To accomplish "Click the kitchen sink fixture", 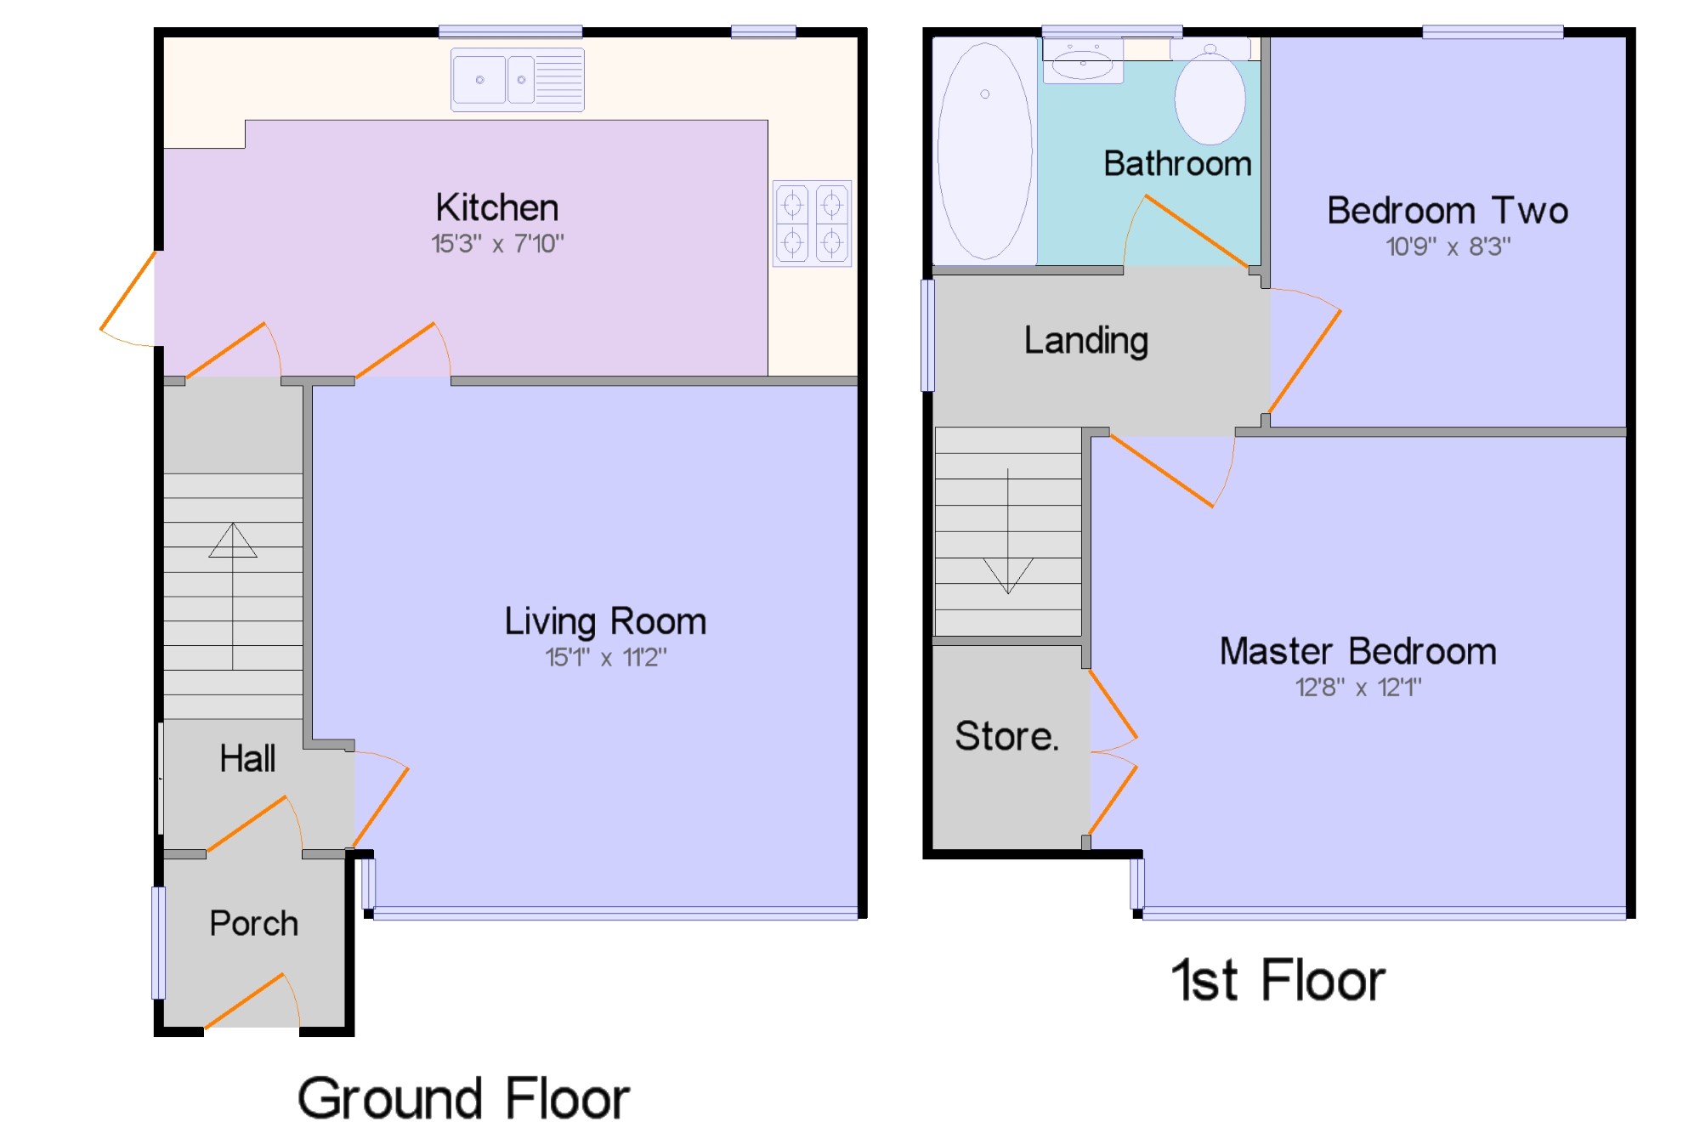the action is (x=518, y=80).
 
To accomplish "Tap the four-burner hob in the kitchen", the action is (x=812, y=224).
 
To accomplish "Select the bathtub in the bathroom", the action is (x=985, y=151).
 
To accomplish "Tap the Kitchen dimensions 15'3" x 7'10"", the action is (x=497, y=244).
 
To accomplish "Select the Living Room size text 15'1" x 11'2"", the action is (x=606, y=657).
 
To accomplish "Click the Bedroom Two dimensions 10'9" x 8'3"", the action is (x=1448, y=246).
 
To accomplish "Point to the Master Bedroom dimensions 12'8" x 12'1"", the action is (x=1358, y=687).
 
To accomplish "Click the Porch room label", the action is (x=254, y=923).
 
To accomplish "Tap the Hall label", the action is (x=247, y=758).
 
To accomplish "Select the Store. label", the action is (x=1007, y=735).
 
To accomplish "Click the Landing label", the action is (x=1086, y=341).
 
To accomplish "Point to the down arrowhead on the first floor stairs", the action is (x=1008, y=575).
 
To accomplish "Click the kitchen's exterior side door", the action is (x=128, y=297).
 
